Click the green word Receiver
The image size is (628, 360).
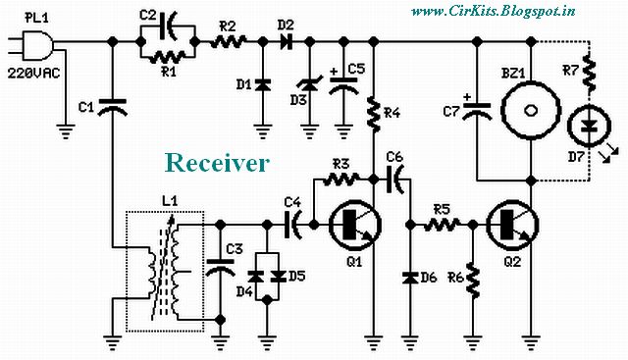(x=216, y=162)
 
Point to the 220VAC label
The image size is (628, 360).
(x=31, y=72)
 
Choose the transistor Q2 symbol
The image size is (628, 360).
(x=510, y=225)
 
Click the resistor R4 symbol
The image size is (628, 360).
(x=374, y=116)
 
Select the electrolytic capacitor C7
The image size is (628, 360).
(x=477, y=113)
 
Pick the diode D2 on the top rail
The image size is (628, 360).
(x=286, y=42)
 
